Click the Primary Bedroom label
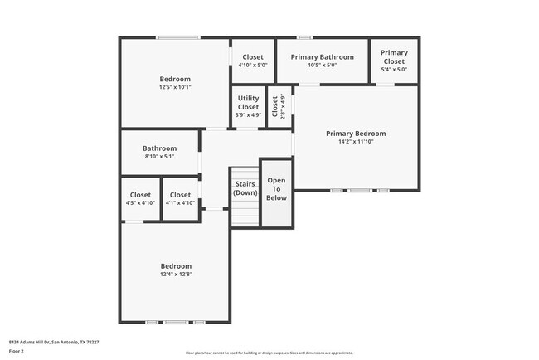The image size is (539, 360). (x=355, y=133)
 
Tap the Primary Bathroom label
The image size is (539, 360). (x=322, y=57)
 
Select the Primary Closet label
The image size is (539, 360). (x=394, y=56)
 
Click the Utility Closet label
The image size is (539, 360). (x=248, y=102)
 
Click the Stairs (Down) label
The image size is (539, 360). (x=245, y=188)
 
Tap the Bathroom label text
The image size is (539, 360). (x=159, y=148)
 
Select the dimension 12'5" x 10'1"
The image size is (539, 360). (x=175, y=87)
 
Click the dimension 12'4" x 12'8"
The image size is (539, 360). (x=175, y=274)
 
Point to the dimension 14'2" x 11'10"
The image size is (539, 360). (x=355, y=142)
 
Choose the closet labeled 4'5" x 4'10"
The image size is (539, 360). (x=140, y=199)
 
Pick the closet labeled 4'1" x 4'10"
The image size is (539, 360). (x=180, y=199)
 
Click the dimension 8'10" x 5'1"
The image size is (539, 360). (x=159, y=156)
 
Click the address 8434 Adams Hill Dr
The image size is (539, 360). (x=30, y=341)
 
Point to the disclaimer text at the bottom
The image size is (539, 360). (x=269, y=352)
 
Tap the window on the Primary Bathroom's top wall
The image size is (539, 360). (x=304, y=37)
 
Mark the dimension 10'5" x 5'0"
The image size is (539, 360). (x=322, y=65)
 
